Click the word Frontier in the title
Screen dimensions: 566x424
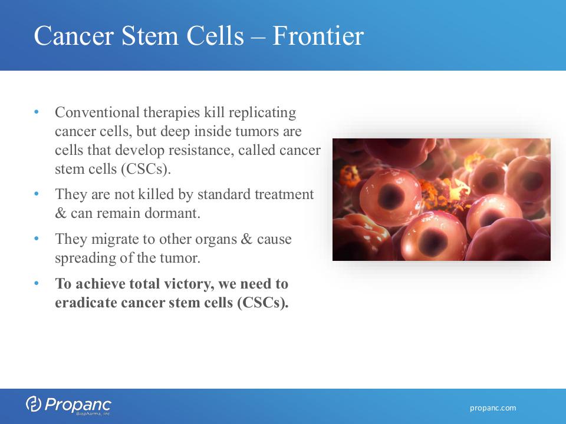pyautogui.click(x=318, y=36)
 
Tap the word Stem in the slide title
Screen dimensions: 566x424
pyautogui.click(x=150, y=36)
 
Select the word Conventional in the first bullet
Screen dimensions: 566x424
pyautogui.click(x=97, y=112)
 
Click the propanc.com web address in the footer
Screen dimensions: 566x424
pyautogui.click(x=493, y=408)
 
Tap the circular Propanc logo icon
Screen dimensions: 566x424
pyautogui.click(x=34, y=403)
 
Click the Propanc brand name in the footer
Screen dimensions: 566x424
pyautogui.click(x=78, y=405)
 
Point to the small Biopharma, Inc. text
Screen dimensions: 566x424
pyautogui.click(x=93, y=414)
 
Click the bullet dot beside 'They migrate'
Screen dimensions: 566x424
pyautogui.click(x=36, y=238)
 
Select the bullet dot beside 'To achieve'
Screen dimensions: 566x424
pyautogui.click(x=36, y=283)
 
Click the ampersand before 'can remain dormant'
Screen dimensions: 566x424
pyautogui.click(x=60, y=213)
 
